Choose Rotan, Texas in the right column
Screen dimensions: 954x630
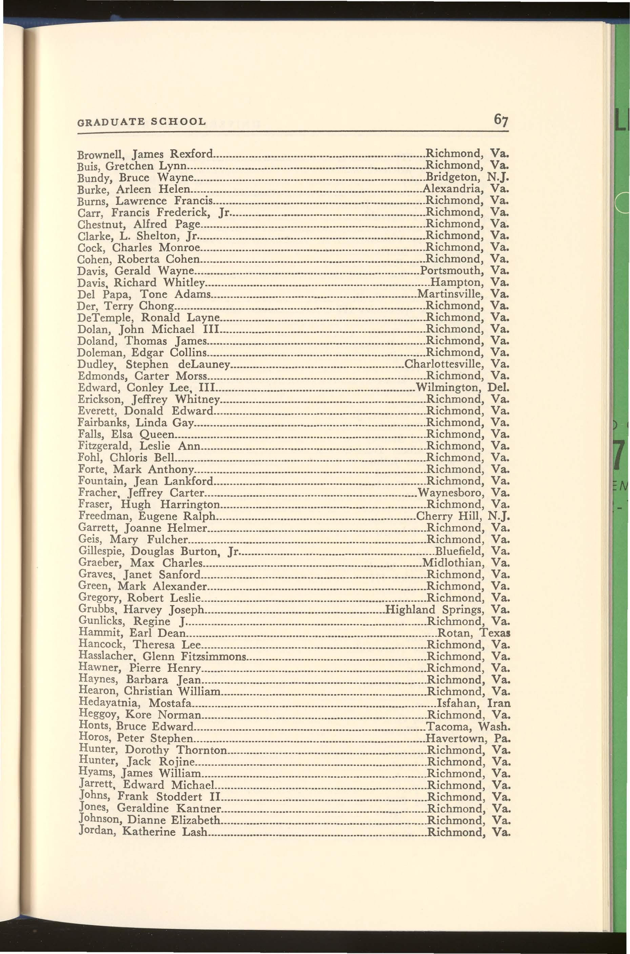473,633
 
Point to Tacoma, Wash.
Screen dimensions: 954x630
468,726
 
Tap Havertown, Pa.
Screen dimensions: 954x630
468,738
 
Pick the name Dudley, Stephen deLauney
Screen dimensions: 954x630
154,364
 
